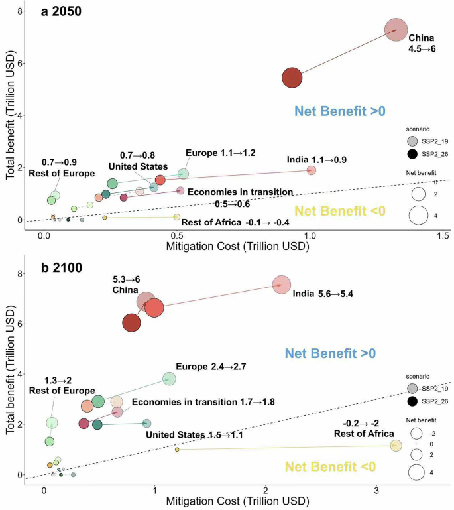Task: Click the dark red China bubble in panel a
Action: [x=292, y=78]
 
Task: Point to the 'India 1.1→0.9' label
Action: [x=316, y=160]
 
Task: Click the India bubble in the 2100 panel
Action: [x=282, y=285]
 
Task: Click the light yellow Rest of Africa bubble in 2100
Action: [x=396, y=446]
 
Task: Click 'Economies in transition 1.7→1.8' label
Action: [x=203, y=402]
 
